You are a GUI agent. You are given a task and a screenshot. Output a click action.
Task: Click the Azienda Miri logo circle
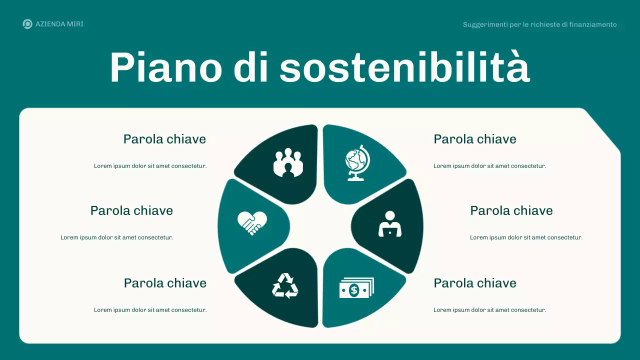[27, 24]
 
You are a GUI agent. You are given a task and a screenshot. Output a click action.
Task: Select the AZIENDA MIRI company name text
[59, 24]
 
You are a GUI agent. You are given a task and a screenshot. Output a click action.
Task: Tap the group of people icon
[288, 162]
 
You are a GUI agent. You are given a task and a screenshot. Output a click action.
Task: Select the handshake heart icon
[252, 222]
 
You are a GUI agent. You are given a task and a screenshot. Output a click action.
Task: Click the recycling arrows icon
[285, 286]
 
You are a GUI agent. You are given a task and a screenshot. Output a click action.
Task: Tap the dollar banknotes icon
[356, 288]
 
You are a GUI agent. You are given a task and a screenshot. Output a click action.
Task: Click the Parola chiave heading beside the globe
[474, 139]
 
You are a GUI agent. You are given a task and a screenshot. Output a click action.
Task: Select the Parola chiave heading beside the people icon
[164, 139]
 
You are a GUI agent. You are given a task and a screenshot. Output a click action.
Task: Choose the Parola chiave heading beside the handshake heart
[131, 210]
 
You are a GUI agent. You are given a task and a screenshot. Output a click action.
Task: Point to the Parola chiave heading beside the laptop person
[511, 210]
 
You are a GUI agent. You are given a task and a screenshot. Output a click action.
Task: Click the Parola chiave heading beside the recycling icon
[165, 283]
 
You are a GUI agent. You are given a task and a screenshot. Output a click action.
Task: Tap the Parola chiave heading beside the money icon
[474, 283]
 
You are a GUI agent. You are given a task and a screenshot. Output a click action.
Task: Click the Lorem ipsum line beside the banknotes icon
[489, 310]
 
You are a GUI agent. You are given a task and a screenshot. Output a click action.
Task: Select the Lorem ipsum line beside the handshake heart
[117, 237]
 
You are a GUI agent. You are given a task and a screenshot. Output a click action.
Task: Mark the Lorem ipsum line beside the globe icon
[489, 166]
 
